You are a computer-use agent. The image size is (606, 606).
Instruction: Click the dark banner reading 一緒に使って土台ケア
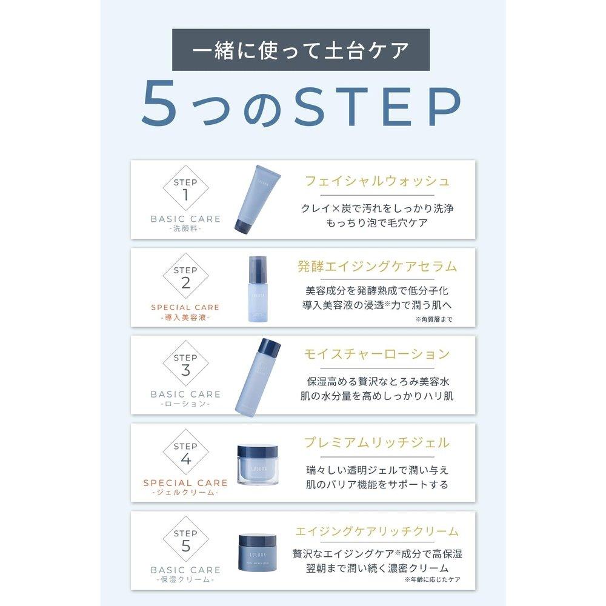301,50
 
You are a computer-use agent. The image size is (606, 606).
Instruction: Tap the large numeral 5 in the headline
159,104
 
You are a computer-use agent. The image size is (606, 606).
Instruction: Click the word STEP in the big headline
377,105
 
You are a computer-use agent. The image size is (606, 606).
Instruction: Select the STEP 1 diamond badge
185,188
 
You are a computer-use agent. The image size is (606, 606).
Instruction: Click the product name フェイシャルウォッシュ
377,181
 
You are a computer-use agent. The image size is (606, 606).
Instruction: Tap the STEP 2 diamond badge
185,276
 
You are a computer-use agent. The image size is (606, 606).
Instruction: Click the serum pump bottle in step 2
258,288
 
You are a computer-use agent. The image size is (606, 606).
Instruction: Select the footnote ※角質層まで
434,319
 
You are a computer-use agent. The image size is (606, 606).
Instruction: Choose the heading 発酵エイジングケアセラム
377,266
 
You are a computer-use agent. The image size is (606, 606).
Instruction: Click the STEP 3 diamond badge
185,364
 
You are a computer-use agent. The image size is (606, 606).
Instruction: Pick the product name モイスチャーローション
377,354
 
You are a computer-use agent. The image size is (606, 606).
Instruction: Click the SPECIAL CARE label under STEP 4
185,483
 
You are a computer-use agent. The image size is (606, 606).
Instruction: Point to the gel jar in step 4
258,465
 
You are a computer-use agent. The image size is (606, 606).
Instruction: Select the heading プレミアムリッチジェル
377,442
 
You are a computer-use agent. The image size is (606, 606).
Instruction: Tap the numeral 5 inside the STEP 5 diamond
186,546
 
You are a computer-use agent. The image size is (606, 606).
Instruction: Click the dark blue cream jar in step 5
258,553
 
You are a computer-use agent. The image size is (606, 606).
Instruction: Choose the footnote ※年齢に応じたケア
433,579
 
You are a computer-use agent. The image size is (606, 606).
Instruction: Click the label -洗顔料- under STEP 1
185,229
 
